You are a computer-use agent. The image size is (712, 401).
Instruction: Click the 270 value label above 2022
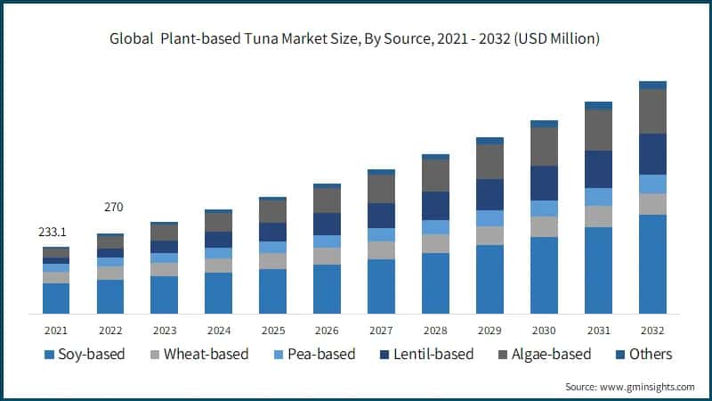pyautogui.click(x=113, y=208)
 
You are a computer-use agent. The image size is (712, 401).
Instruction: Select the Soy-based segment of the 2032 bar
pyautogui.click(x=652, y=264)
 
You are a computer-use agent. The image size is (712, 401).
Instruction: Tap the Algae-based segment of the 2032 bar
pyautogui.click(x=652, y=111)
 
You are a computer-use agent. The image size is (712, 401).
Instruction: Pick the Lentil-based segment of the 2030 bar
pyautogui.click(x=544, y=183)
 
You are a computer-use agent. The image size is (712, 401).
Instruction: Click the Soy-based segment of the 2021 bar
pyautogui.click(x=56, y=298)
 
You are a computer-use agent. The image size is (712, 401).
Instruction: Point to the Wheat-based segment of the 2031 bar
pyautogui.click(x=598, y=217)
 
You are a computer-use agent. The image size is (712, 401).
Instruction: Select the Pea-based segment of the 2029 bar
pyautogui.click(x=489, y=218)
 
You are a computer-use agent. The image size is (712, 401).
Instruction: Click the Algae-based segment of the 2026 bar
pyautogui.click(x=327, y=200)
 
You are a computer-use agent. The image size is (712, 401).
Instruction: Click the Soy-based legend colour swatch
pyautogui.click(x=48, y=355)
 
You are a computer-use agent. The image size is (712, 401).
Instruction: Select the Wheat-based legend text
pyautogui.click(x=206, y=355)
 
